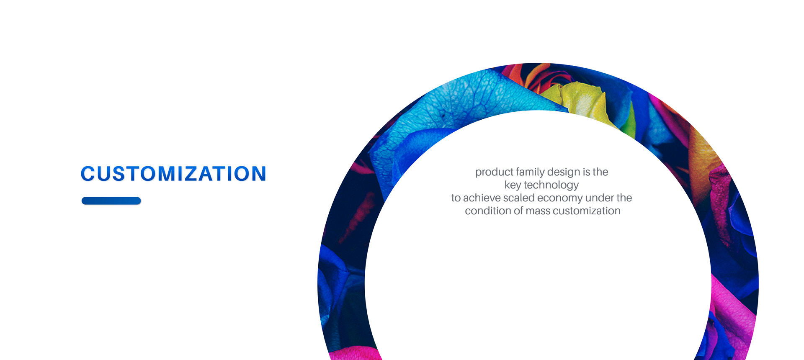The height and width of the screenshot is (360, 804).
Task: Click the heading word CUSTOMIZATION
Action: [173, 174]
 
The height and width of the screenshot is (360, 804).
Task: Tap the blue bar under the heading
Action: [111, 201]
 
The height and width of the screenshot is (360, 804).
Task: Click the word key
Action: [513, 185]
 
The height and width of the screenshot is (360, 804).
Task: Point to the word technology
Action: [551, 185]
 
